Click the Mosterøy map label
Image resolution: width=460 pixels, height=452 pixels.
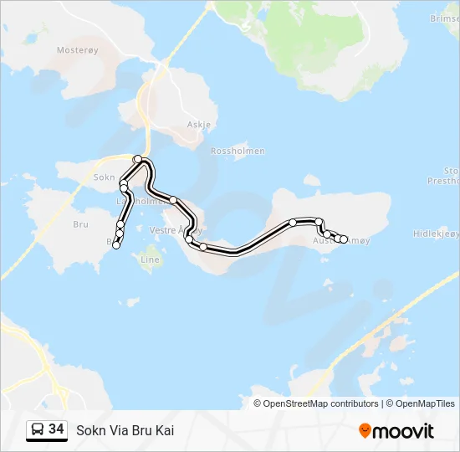coord(77,50)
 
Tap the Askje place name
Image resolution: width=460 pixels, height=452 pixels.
coord(199,125)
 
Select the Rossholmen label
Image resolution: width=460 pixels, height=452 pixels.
coord(238,152)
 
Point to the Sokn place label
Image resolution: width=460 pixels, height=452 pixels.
coord(104,177)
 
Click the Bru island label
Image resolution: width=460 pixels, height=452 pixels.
coord(80,224)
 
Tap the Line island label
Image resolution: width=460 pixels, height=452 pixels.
coord(150,259)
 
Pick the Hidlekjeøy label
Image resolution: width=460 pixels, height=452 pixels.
coord(435,234)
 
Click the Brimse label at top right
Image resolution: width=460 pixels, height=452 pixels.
coord(443,17)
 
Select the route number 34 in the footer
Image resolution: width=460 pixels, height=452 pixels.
coord(57,429)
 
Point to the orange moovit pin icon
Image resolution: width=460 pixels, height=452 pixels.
coord(365,430)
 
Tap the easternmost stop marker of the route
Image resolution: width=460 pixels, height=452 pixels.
coord(343,239)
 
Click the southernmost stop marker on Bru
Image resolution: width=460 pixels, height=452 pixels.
coord(117,244)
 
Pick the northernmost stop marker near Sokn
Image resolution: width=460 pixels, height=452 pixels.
coord(138,159)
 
